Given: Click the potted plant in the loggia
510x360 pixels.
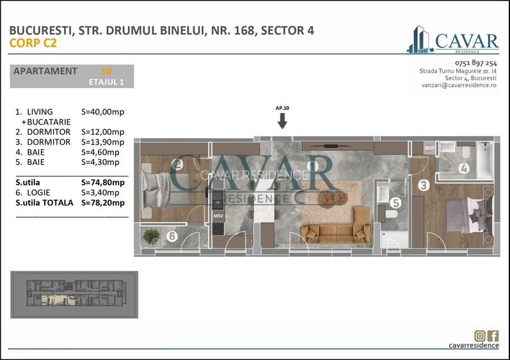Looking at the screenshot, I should point(152,236).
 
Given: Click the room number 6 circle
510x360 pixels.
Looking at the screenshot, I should point(171,237).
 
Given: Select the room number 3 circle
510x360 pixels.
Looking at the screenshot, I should point(423,186).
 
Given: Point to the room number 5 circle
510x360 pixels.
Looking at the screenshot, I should point(395,205).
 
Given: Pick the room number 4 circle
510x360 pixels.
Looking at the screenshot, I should point(463,169).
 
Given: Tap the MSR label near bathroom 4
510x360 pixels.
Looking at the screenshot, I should point(429,148).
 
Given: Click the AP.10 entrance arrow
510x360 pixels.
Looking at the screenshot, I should point(282,120).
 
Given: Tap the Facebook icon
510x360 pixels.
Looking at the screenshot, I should point(493,336).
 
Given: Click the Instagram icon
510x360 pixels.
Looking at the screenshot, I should point(480,336).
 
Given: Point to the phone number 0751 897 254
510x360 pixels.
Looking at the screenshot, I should point(475,63).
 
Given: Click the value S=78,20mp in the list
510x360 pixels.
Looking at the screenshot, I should point(103,203).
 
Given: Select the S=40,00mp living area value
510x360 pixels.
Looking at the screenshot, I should point(103,112).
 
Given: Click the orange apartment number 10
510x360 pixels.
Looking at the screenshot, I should point(106,71).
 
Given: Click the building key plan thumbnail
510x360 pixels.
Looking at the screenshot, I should point(74,295).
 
